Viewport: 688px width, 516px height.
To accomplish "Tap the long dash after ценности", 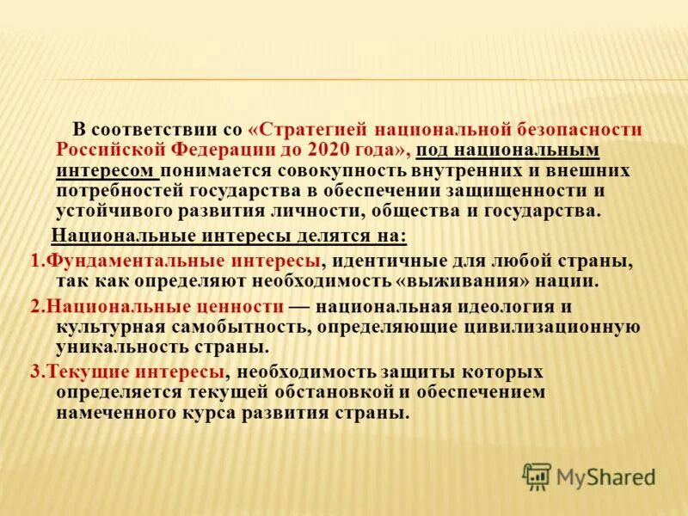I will pos(299,306).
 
